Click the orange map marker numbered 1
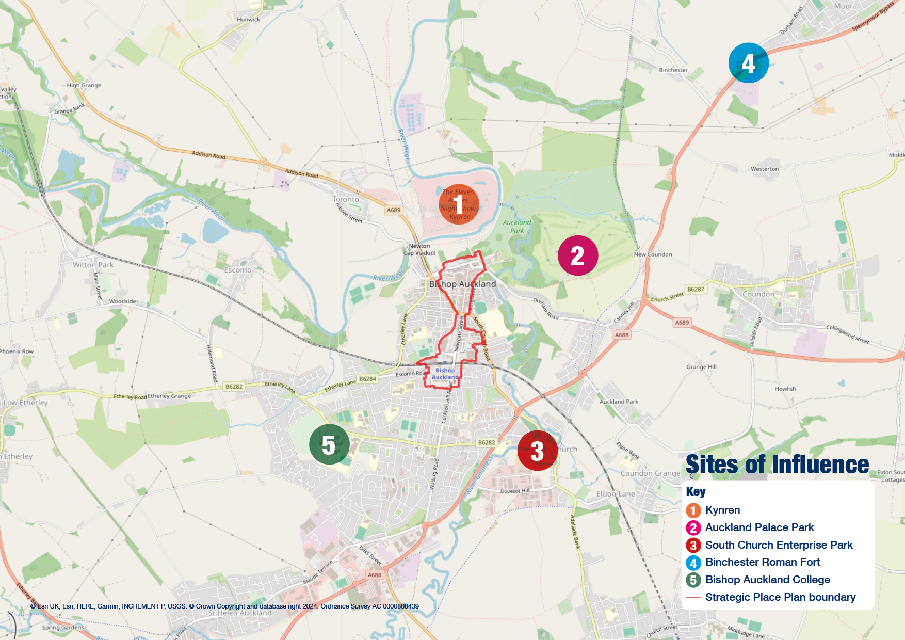459,204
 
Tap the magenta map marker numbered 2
578,255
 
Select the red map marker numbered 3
537,451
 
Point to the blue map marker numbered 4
748,63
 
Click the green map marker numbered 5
329,444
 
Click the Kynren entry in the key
722,510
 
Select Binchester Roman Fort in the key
762,562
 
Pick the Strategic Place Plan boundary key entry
780,597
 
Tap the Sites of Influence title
777,465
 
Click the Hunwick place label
249,20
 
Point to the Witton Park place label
93,265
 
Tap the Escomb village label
237,270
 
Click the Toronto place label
346,199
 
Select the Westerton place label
765,169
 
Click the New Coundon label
653,254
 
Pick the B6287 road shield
696,289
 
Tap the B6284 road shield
367,379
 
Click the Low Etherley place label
25,403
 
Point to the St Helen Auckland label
240,613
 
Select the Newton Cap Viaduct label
419,249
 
